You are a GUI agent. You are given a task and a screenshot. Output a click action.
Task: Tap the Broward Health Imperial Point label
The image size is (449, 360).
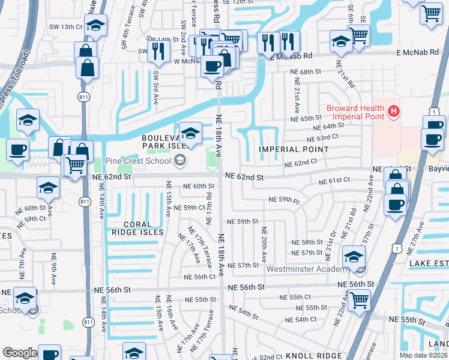tap(354, 112)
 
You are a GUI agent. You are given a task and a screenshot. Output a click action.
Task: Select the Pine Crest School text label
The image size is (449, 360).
tap(138, 161)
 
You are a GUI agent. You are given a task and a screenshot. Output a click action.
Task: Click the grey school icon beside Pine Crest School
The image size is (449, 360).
tap(179, 160)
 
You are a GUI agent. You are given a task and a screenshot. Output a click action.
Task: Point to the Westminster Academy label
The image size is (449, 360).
tap(307, 269)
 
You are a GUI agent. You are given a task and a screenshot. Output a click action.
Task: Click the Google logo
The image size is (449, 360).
tap(20, 353)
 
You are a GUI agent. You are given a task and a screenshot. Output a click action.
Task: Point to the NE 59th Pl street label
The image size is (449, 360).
tap(284, 199)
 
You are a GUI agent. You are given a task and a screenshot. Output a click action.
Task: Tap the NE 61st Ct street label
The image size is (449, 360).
tap(334, 181)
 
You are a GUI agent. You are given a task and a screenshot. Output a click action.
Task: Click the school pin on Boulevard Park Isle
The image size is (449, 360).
tap(190, 133)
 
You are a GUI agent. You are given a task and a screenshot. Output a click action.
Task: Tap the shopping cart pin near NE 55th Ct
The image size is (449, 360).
tap(359, 299)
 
